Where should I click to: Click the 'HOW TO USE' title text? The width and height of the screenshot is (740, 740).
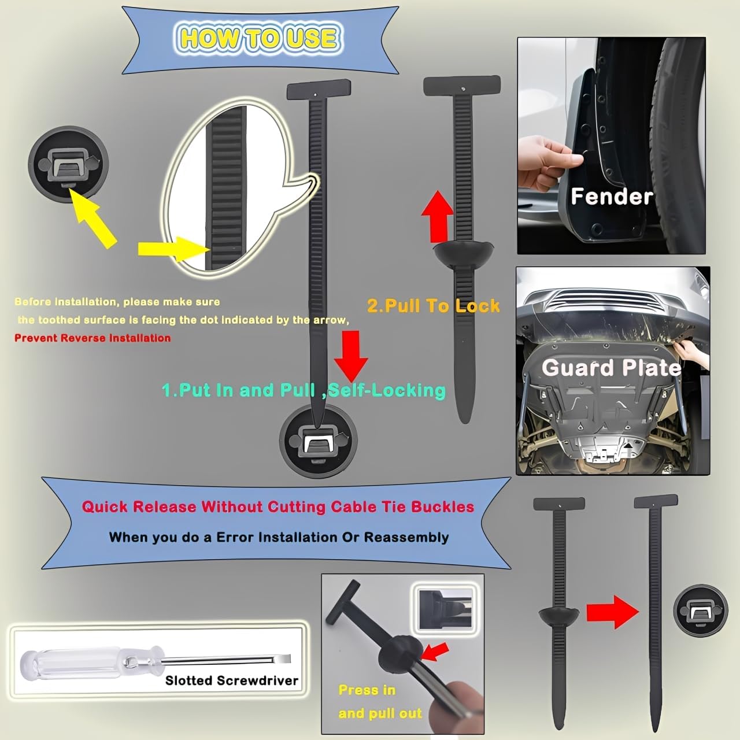[258, 39]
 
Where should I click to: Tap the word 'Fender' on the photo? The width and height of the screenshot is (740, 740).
[611, 197]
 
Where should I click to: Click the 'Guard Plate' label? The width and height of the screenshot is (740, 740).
[610, 368]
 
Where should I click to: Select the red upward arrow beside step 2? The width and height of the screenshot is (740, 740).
[437, 216]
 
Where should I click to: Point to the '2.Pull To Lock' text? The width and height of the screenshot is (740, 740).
[433, 305]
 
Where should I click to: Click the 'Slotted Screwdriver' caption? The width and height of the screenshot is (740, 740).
[231, 680]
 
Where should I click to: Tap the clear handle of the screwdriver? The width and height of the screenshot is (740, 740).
[75, 661]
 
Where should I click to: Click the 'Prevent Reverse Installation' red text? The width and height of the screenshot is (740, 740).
[92, 338]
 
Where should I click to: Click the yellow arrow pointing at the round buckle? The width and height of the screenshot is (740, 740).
[94, 220]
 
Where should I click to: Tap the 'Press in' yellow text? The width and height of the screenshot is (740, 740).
[367, 690]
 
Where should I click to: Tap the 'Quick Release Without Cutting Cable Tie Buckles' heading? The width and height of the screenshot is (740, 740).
[277, 507]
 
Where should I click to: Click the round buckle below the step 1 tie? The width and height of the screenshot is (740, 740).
[319, 441]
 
